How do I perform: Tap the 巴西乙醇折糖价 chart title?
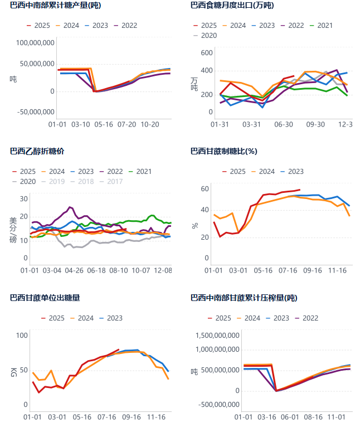point(37,151)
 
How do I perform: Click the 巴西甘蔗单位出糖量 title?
point(45,298)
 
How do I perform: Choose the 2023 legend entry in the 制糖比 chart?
point(291,172)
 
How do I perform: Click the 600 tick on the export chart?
point(207,53)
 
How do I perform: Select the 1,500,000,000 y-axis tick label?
point(217,336)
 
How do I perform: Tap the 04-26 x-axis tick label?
point(75,270)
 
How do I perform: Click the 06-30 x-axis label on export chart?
point(284,124)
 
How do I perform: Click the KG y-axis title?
point(13,370)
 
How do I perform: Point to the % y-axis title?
point(194,226)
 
